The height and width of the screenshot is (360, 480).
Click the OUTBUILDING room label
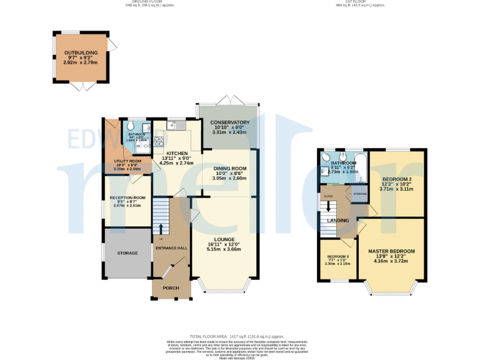tap(81, 53)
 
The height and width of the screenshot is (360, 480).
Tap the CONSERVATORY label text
tap(229, 122)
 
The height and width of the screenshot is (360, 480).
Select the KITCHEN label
tap(177, 153)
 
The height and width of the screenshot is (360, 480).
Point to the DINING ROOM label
tap(229, 169)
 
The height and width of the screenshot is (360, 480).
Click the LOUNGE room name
tap(223, 239)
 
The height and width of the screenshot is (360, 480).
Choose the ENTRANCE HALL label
tap(171, 248)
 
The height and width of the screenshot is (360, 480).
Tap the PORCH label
tap(171, 288)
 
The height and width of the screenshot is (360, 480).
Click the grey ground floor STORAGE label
tap(127, 253)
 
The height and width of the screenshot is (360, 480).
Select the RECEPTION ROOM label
tap(127, 198)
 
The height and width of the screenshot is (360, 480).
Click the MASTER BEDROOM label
tap(391, 251)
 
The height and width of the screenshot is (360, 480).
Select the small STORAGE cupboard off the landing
tap(360, 194)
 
